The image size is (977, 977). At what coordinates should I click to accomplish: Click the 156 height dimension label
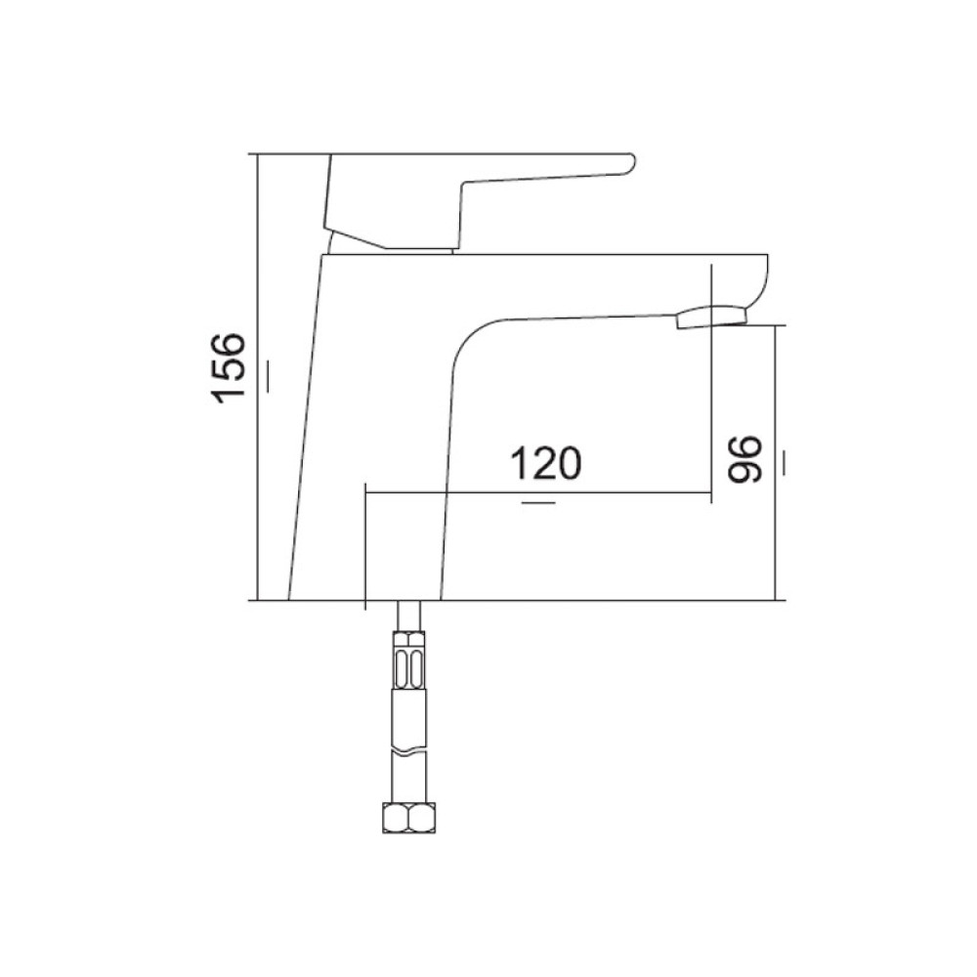(228, 368)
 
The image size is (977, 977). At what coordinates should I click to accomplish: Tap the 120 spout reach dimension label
(546, 463)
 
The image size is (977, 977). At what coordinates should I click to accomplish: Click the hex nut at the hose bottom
(408, 818)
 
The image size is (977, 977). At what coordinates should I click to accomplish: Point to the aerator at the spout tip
(711, 316)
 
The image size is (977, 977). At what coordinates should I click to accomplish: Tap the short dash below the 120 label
(538, 501)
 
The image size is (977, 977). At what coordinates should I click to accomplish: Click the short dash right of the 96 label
(784, 462)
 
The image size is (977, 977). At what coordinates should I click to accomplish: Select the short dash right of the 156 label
(269, 376)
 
